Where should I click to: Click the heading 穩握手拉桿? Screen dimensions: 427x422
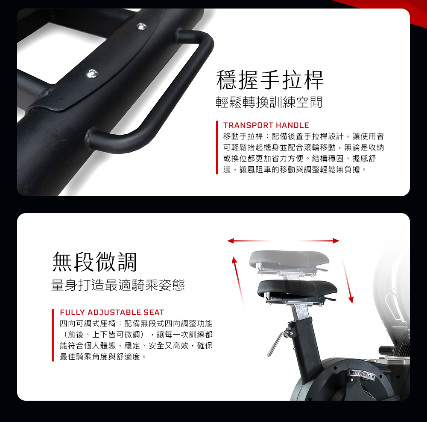[x=270, y=80]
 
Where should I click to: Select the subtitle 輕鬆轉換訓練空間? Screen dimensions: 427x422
[x=269, y=102]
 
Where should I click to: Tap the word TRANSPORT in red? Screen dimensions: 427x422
[x=248, y=125]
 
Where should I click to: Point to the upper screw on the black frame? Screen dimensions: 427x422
[x=141, y=26]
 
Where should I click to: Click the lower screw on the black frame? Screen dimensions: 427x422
[x=92, y=73]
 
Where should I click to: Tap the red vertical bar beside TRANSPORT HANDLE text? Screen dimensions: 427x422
[x=217, y=147]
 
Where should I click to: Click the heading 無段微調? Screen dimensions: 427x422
[x=94, y=262]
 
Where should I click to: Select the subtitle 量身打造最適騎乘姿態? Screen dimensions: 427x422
[x=118, y=285]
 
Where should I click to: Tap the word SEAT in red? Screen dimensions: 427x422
[x=154, y=312]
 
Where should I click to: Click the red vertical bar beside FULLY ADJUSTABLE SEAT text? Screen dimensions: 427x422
[x=53, y=335]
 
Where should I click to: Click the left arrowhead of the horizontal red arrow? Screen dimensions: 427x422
[x=231, y=241]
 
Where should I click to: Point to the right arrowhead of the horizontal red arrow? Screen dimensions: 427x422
[x=336, y=241]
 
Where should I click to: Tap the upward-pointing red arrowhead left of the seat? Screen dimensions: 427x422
[x=234, y=260]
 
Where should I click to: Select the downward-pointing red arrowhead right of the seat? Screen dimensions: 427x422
[x=351, y=300]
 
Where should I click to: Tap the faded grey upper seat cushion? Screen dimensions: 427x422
[x=289, y=258]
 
